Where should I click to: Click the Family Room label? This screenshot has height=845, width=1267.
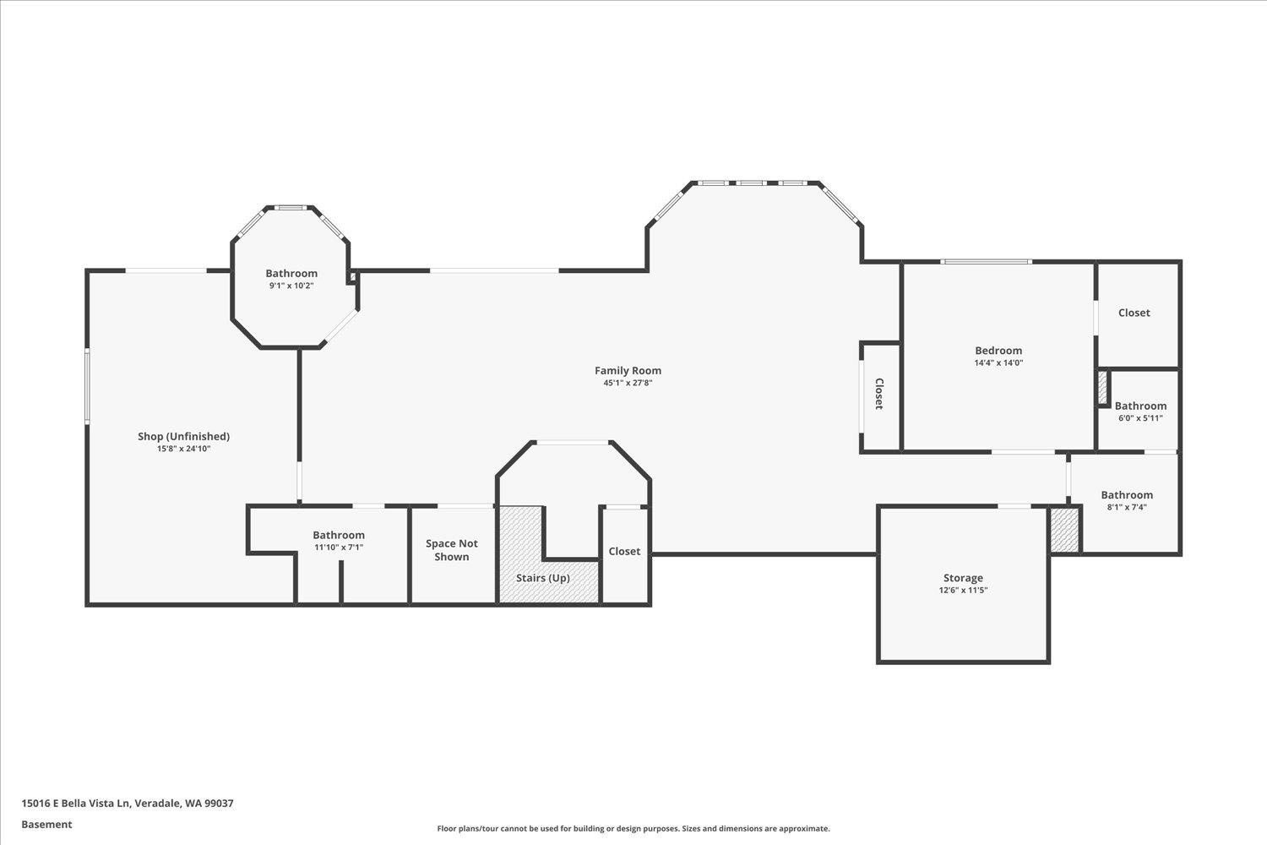[628, 370]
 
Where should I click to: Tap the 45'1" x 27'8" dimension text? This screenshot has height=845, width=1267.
[628, 383]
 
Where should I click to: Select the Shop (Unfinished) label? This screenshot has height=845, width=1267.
[183, 436]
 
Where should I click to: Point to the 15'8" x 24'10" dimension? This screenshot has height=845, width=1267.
[183, 449]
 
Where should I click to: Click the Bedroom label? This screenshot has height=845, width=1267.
[998, 351]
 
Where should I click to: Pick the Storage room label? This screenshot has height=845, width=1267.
[963, 578]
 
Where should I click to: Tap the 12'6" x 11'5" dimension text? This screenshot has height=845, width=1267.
[963, 591]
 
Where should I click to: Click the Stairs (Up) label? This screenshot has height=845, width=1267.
[543, 578]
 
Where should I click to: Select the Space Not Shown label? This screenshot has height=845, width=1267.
[452, 550]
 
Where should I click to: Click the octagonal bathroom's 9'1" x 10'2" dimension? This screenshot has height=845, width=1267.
[291, 286]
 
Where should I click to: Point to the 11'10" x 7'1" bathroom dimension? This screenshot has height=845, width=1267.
[339, 548]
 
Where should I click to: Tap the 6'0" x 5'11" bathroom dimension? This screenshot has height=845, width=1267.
[1140, 417]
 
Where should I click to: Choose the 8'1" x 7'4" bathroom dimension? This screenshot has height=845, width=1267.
[1127, 507]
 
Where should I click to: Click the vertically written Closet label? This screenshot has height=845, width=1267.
[879, 394]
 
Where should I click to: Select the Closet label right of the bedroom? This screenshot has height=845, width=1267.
[1134, 313]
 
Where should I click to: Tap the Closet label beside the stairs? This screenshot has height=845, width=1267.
[624, 551]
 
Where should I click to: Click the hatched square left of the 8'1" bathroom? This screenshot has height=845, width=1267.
[1064, 530]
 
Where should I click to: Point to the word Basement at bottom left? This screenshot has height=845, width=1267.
[46, 825]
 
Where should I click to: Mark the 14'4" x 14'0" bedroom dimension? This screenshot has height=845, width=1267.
[998, 363]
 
